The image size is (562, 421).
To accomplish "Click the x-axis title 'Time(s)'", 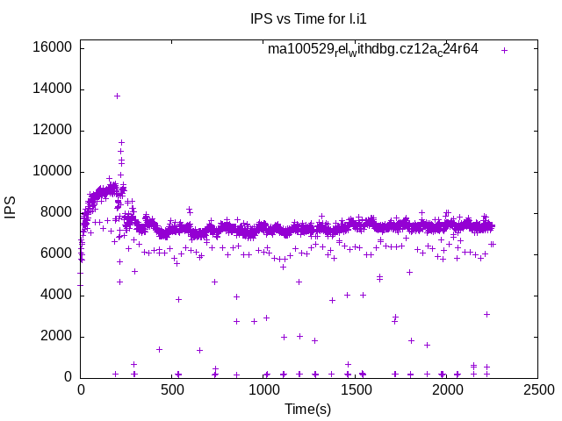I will point(308,409).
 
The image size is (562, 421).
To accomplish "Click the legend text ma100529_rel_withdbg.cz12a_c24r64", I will point(373,49).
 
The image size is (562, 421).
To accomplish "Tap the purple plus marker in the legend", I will point(504,50).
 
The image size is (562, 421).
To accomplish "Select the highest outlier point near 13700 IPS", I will point(117,96).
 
